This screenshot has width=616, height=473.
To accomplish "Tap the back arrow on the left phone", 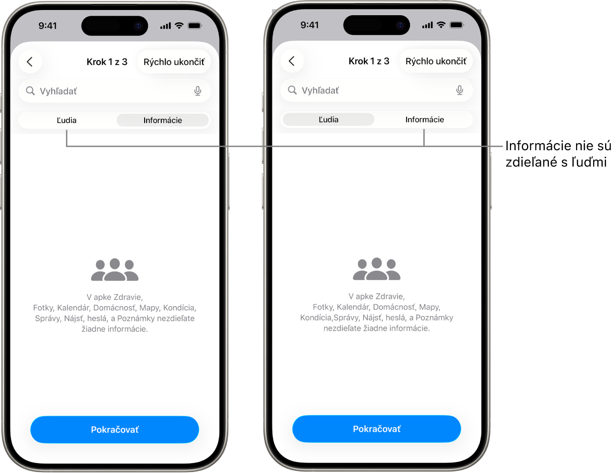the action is [30, 62].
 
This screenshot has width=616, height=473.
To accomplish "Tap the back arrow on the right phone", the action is [292, 61].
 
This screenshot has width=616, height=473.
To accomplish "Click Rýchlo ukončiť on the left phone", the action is [174, 62].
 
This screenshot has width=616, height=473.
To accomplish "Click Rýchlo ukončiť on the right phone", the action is [436, 61].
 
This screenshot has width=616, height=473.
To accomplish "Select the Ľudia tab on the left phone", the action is [67, 120].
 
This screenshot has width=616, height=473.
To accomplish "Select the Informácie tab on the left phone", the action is [163, 120].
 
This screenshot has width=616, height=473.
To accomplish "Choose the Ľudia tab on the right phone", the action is [329, 119].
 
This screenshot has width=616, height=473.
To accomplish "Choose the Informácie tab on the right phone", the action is [425, 119].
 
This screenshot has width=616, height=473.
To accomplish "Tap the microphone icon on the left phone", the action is [198, 91].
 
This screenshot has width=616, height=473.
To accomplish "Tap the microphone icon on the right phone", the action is [460, 90].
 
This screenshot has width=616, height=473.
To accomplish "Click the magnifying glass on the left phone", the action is [30, 91].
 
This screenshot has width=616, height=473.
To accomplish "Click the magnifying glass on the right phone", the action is [292, 90].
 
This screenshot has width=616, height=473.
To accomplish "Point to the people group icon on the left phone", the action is [115, 270].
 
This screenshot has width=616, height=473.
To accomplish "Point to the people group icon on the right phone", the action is [376, 269].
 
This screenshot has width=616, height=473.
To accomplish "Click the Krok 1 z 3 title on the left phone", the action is [107, 62].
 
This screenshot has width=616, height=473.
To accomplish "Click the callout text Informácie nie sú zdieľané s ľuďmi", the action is [558, 154].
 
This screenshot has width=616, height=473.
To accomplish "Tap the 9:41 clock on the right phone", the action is [310, 25].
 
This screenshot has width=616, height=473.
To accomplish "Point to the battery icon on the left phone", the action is [195, 26].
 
